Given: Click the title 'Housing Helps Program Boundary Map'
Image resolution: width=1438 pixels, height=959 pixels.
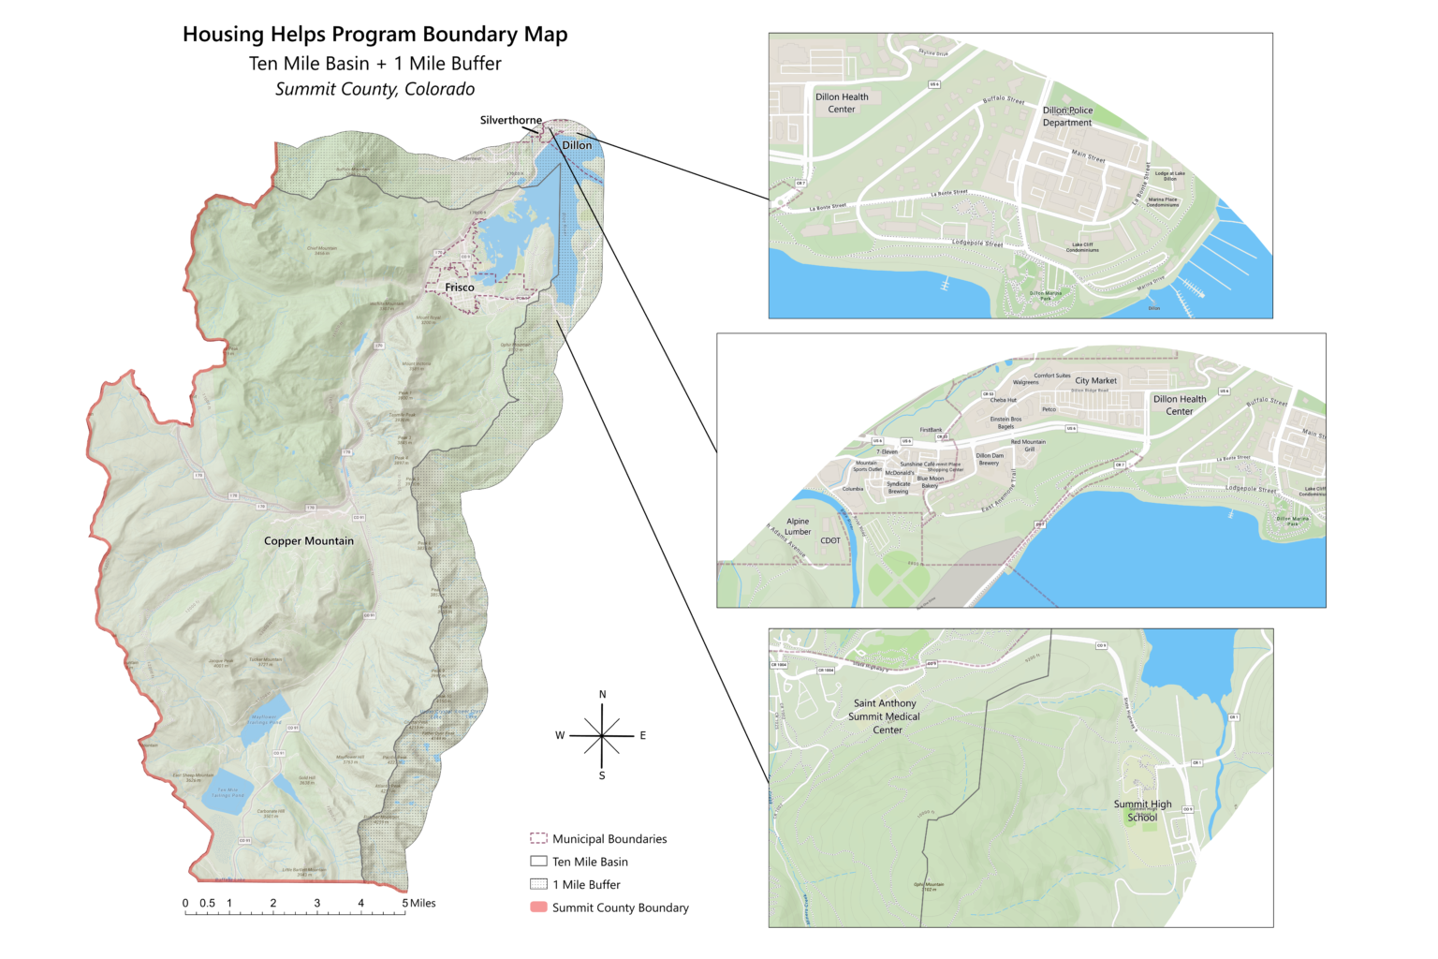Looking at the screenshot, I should [x=374, y=35].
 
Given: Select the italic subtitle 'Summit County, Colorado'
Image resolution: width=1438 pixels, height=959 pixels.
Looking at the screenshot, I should [x=374, y=89].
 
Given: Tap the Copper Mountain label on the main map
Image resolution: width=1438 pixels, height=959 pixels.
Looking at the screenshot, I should [x=309, y=540].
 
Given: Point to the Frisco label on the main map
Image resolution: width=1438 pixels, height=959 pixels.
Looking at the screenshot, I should [x=460, y=288].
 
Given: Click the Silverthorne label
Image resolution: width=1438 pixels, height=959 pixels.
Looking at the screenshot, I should [x=510, y=120].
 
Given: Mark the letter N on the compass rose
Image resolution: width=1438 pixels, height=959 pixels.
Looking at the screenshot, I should [x=602, y=694].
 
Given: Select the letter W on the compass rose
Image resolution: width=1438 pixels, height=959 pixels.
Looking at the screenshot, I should [x=560, y=735].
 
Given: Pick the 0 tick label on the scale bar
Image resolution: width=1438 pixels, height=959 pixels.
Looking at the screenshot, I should [x=185, y=903].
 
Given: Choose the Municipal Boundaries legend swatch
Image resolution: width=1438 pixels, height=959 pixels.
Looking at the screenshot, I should [x=538, y=838].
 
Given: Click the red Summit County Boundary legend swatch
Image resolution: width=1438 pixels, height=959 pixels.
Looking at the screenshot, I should [x=538, y=907].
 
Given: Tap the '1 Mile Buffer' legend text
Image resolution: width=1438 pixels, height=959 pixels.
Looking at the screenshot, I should [x=586, y=884].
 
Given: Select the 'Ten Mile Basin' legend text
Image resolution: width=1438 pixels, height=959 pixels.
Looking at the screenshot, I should [x=590, y=862].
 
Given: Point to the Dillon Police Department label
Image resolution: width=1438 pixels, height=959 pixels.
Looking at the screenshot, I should [x=1067, y=116].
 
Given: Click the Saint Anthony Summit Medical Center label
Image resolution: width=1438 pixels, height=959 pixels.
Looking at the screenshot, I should [x=885, y=716].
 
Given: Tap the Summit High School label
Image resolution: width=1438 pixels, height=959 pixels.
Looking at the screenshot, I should [x=1142, y=810].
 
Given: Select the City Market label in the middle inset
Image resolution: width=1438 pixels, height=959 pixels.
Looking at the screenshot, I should [x=1095, y=380].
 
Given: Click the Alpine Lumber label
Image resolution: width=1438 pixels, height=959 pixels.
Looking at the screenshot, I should [x=798, y=526].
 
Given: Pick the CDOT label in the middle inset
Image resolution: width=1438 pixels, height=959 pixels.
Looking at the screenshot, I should [x=830, y=540].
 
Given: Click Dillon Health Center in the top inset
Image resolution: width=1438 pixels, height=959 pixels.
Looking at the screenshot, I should [x=842, y=103].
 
